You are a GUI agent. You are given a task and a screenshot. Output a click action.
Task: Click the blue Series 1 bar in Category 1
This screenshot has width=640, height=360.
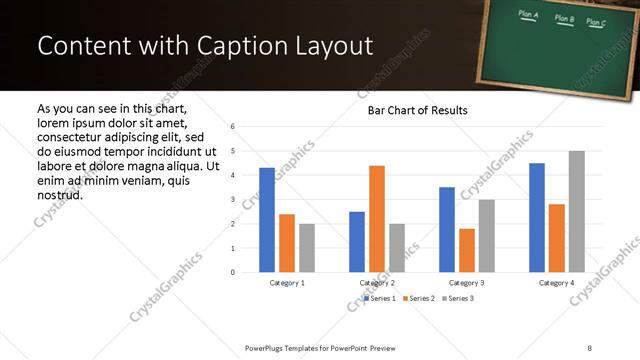(267, 220)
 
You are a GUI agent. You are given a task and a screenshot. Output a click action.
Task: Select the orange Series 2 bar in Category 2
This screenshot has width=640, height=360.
(376, 219)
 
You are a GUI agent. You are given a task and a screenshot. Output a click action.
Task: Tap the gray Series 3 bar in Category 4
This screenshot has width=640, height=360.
(577, 212)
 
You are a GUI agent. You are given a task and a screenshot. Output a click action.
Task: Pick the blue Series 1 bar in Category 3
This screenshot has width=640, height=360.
(447, 230)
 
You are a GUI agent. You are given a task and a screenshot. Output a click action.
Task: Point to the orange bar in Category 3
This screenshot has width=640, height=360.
(467, 251)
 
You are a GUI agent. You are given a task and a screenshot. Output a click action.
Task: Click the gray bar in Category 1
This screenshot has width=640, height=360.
(306, 248)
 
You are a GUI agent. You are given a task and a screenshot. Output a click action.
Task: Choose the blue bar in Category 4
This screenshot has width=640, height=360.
(537, 218)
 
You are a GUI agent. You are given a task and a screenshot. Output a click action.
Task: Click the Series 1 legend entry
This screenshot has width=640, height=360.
(381, 298)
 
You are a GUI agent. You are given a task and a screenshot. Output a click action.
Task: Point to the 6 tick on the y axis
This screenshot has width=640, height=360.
(232, 127)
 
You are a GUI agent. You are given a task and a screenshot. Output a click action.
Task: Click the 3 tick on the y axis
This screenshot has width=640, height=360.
(232, 200)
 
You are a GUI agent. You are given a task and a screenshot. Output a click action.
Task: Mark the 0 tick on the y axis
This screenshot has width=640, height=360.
(232, 272)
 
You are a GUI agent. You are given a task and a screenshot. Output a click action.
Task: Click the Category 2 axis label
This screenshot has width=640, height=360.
(377, 283)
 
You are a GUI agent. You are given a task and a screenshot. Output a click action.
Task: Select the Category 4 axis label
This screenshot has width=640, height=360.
(557, 283)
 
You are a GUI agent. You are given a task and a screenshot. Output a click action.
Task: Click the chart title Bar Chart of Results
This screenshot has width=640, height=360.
(411, 110)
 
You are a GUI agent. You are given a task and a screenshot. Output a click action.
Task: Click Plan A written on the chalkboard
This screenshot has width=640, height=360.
(529, 15)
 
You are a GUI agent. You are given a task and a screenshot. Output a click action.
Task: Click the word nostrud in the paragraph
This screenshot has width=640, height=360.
(59, 194)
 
